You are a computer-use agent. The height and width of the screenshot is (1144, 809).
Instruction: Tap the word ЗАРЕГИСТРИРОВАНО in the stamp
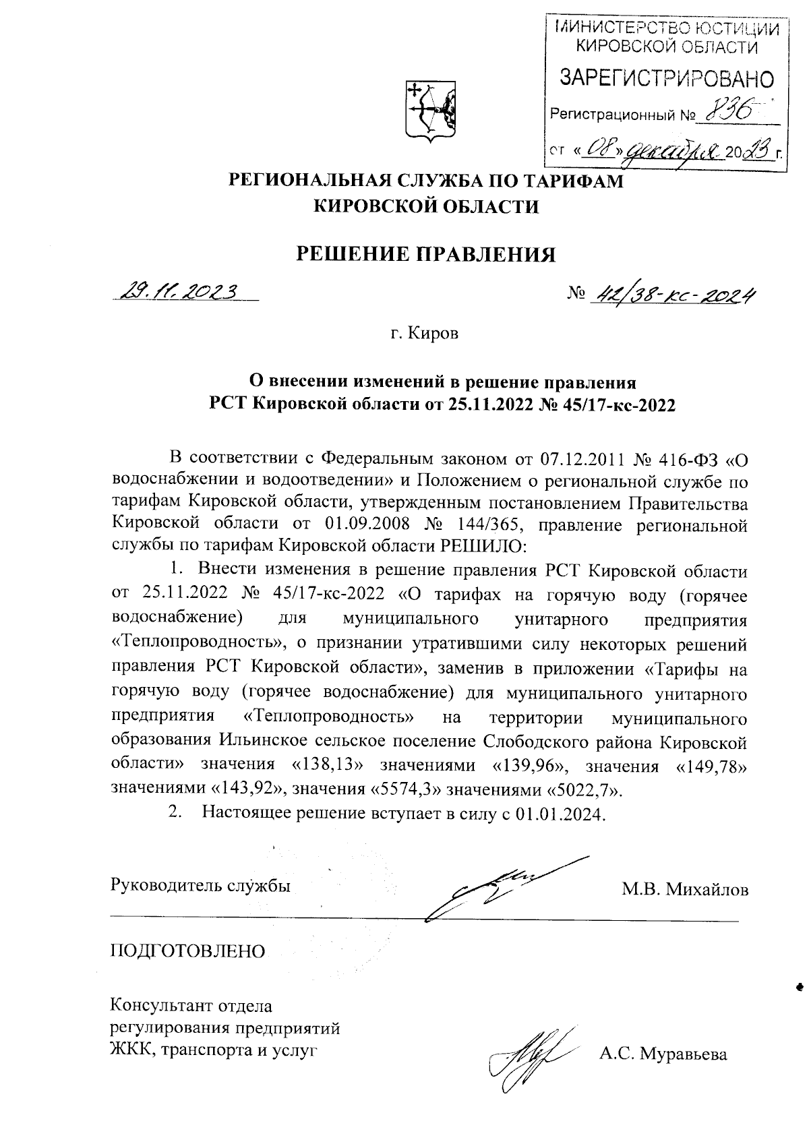[664, 80]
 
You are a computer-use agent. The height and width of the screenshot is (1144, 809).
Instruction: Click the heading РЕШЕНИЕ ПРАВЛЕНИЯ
[427, 253]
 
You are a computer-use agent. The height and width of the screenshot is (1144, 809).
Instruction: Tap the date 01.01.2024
[560, 814]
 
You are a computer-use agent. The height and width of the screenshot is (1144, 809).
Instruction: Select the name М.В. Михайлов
[684, 890]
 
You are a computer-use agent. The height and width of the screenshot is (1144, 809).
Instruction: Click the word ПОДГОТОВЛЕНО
[188, 951]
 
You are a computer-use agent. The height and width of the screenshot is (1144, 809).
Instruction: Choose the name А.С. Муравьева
[663, 1053]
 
